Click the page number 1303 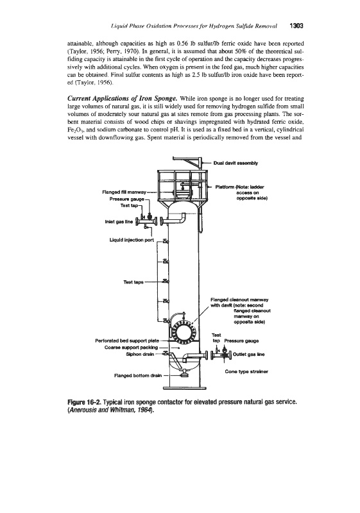[x=296, y=26]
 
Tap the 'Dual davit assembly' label [x=236, y=163]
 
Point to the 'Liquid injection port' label [x=132, y=240]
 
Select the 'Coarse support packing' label [x=132, y=347]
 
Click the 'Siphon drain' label [x=140, y=354]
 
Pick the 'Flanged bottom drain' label [x=138, y=375]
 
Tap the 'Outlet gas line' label [x=249, y=355]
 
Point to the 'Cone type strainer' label [x=246, y=371]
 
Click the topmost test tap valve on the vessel [x=166, y=242]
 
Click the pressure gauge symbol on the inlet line [x=150, y=216]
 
